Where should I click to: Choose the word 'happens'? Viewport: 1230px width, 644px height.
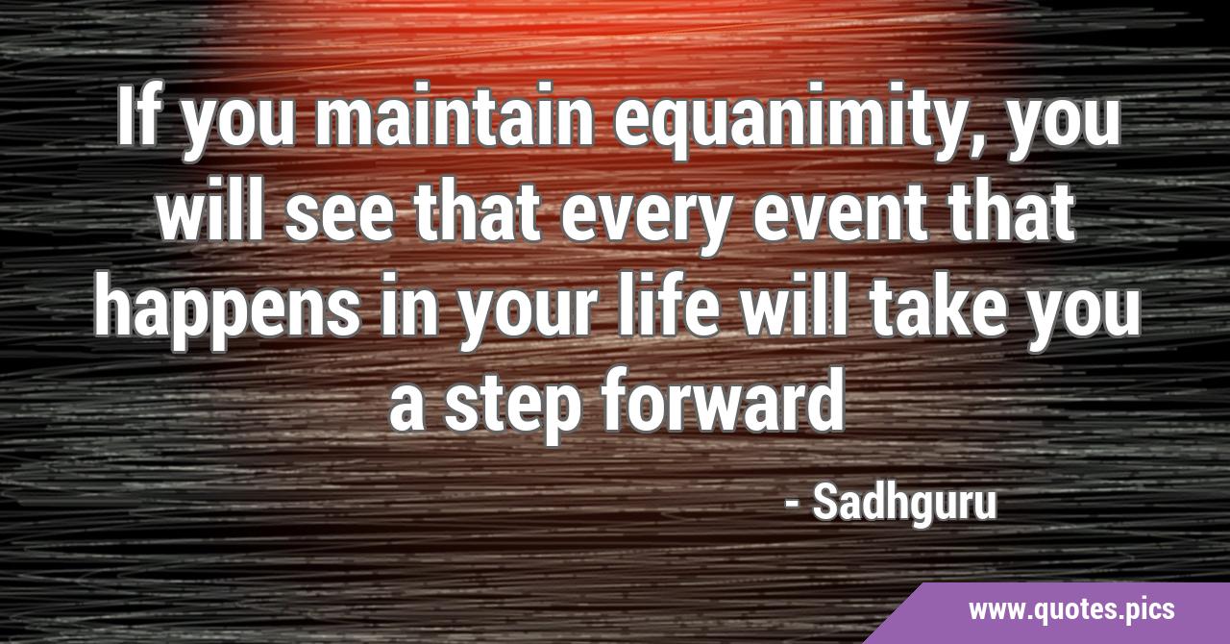tap(228, 311)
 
